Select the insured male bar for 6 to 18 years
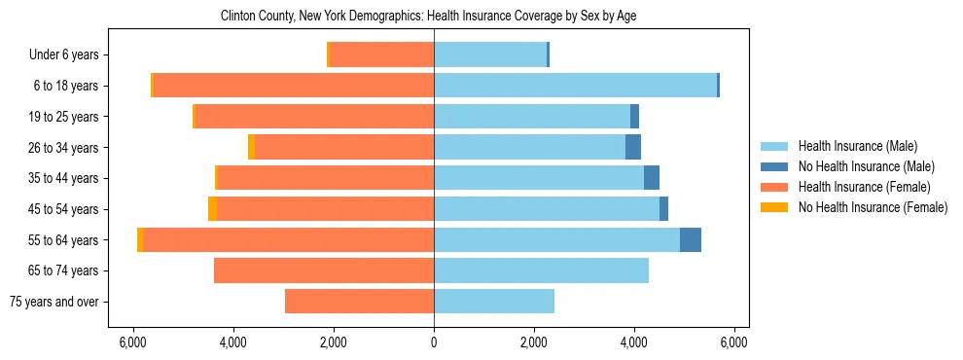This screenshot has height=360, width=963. coord(575,86)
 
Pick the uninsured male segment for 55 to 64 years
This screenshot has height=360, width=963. coord(691,239)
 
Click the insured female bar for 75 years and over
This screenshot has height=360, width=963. coord(359,302)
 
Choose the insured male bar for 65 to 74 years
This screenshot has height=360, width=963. coord(541,270)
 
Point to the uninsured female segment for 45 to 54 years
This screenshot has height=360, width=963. coord(212,209)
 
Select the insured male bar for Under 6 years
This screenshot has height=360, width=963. coord(490,54)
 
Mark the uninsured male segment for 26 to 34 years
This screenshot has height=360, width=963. coord(633,147)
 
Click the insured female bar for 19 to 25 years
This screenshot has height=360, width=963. coord(314,117)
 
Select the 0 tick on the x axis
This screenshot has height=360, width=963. coord(434,342)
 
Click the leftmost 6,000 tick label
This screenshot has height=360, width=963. coord(133,342)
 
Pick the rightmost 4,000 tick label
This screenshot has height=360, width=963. coord(634,342)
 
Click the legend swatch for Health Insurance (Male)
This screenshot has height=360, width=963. coord(774,146)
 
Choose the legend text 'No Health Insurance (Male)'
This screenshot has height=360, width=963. coord(866,166)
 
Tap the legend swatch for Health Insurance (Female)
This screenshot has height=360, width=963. coord(774,187)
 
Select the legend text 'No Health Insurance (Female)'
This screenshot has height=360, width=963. coord(873,207)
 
